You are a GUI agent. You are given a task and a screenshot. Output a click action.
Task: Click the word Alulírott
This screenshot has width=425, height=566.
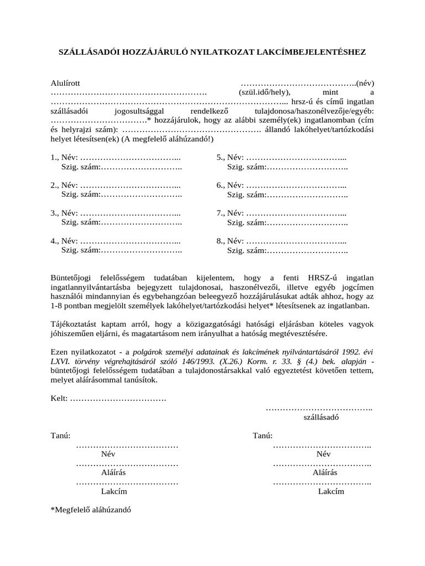click(65, 83)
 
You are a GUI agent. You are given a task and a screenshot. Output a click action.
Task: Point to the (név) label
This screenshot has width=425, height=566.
click(365, 83)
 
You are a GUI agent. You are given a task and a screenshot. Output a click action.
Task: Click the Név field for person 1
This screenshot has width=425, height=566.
click(131, 157)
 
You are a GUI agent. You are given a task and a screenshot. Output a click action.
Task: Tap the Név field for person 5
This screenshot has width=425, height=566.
click(296, 157)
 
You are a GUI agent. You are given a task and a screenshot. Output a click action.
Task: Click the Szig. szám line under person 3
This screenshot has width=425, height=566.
click(141, 222)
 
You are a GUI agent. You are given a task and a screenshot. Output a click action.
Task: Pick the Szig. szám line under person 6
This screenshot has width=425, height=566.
click(307, 194)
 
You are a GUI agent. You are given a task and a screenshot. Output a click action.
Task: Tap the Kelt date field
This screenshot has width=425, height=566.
click(118, 399)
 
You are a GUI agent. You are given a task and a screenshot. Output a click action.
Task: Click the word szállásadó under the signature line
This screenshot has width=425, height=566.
click(321, 417)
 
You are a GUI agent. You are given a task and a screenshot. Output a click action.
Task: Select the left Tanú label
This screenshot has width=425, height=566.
click(60, 436)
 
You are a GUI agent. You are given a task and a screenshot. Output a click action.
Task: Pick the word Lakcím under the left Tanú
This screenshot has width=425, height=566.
click(114, 491)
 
